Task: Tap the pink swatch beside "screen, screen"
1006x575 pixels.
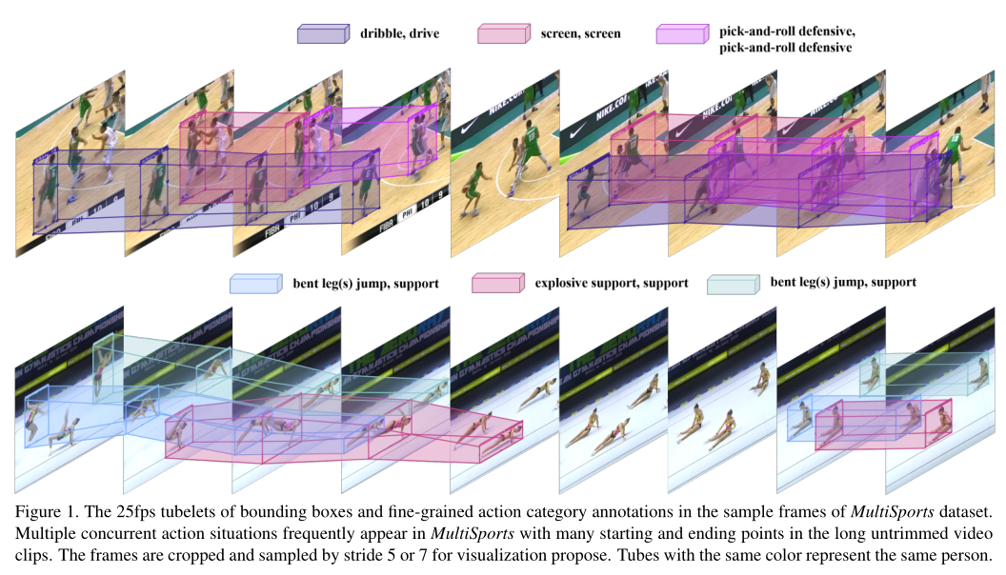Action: point(502,34)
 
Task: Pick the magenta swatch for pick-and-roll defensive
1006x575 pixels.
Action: point(680,34)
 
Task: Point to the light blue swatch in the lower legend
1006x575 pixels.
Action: point(256,284)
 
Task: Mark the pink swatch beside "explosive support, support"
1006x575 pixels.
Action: point(497,284)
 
